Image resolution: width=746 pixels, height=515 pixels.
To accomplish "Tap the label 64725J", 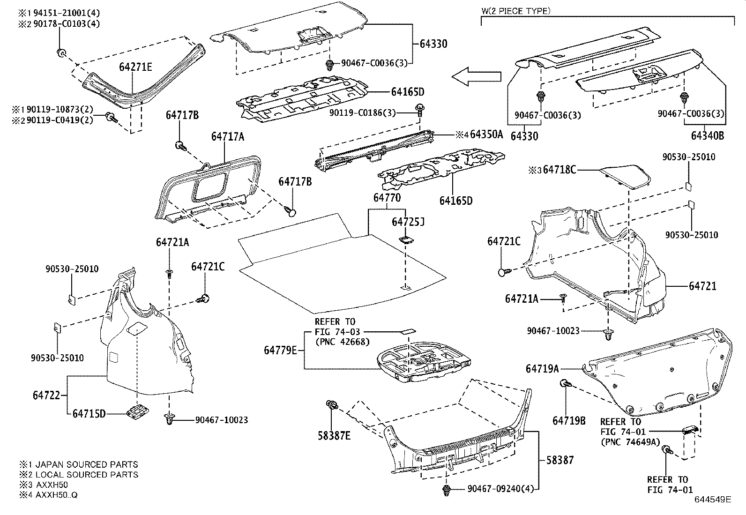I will [x=408, y=221].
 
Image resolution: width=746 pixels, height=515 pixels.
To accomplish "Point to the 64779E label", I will [x=280, y=350].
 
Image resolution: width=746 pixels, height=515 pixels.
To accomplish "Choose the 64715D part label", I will [x=89, y=413].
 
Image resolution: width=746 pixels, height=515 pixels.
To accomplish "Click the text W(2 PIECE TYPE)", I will [x=516, y=11].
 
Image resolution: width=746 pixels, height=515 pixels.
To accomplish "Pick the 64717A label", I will [x=227, y=136].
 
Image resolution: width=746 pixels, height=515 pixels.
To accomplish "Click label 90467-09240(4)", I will [x=500, y=489].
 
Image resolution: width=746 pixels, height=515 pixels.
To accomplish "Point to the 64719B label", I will [x=569, y=420].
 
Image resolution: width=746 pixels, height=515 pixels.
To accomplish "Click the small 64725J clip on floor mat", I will [x=406, y=240].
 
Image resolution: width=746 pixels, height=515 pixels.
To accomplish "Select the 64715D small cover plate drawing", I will [x=136, y=411].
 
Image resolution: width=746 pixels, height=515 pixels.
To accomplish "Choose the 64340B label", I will [x=707, y=136].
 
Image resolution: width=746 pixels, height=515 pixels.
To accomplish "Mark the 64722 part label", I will [x=46, y=395].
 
